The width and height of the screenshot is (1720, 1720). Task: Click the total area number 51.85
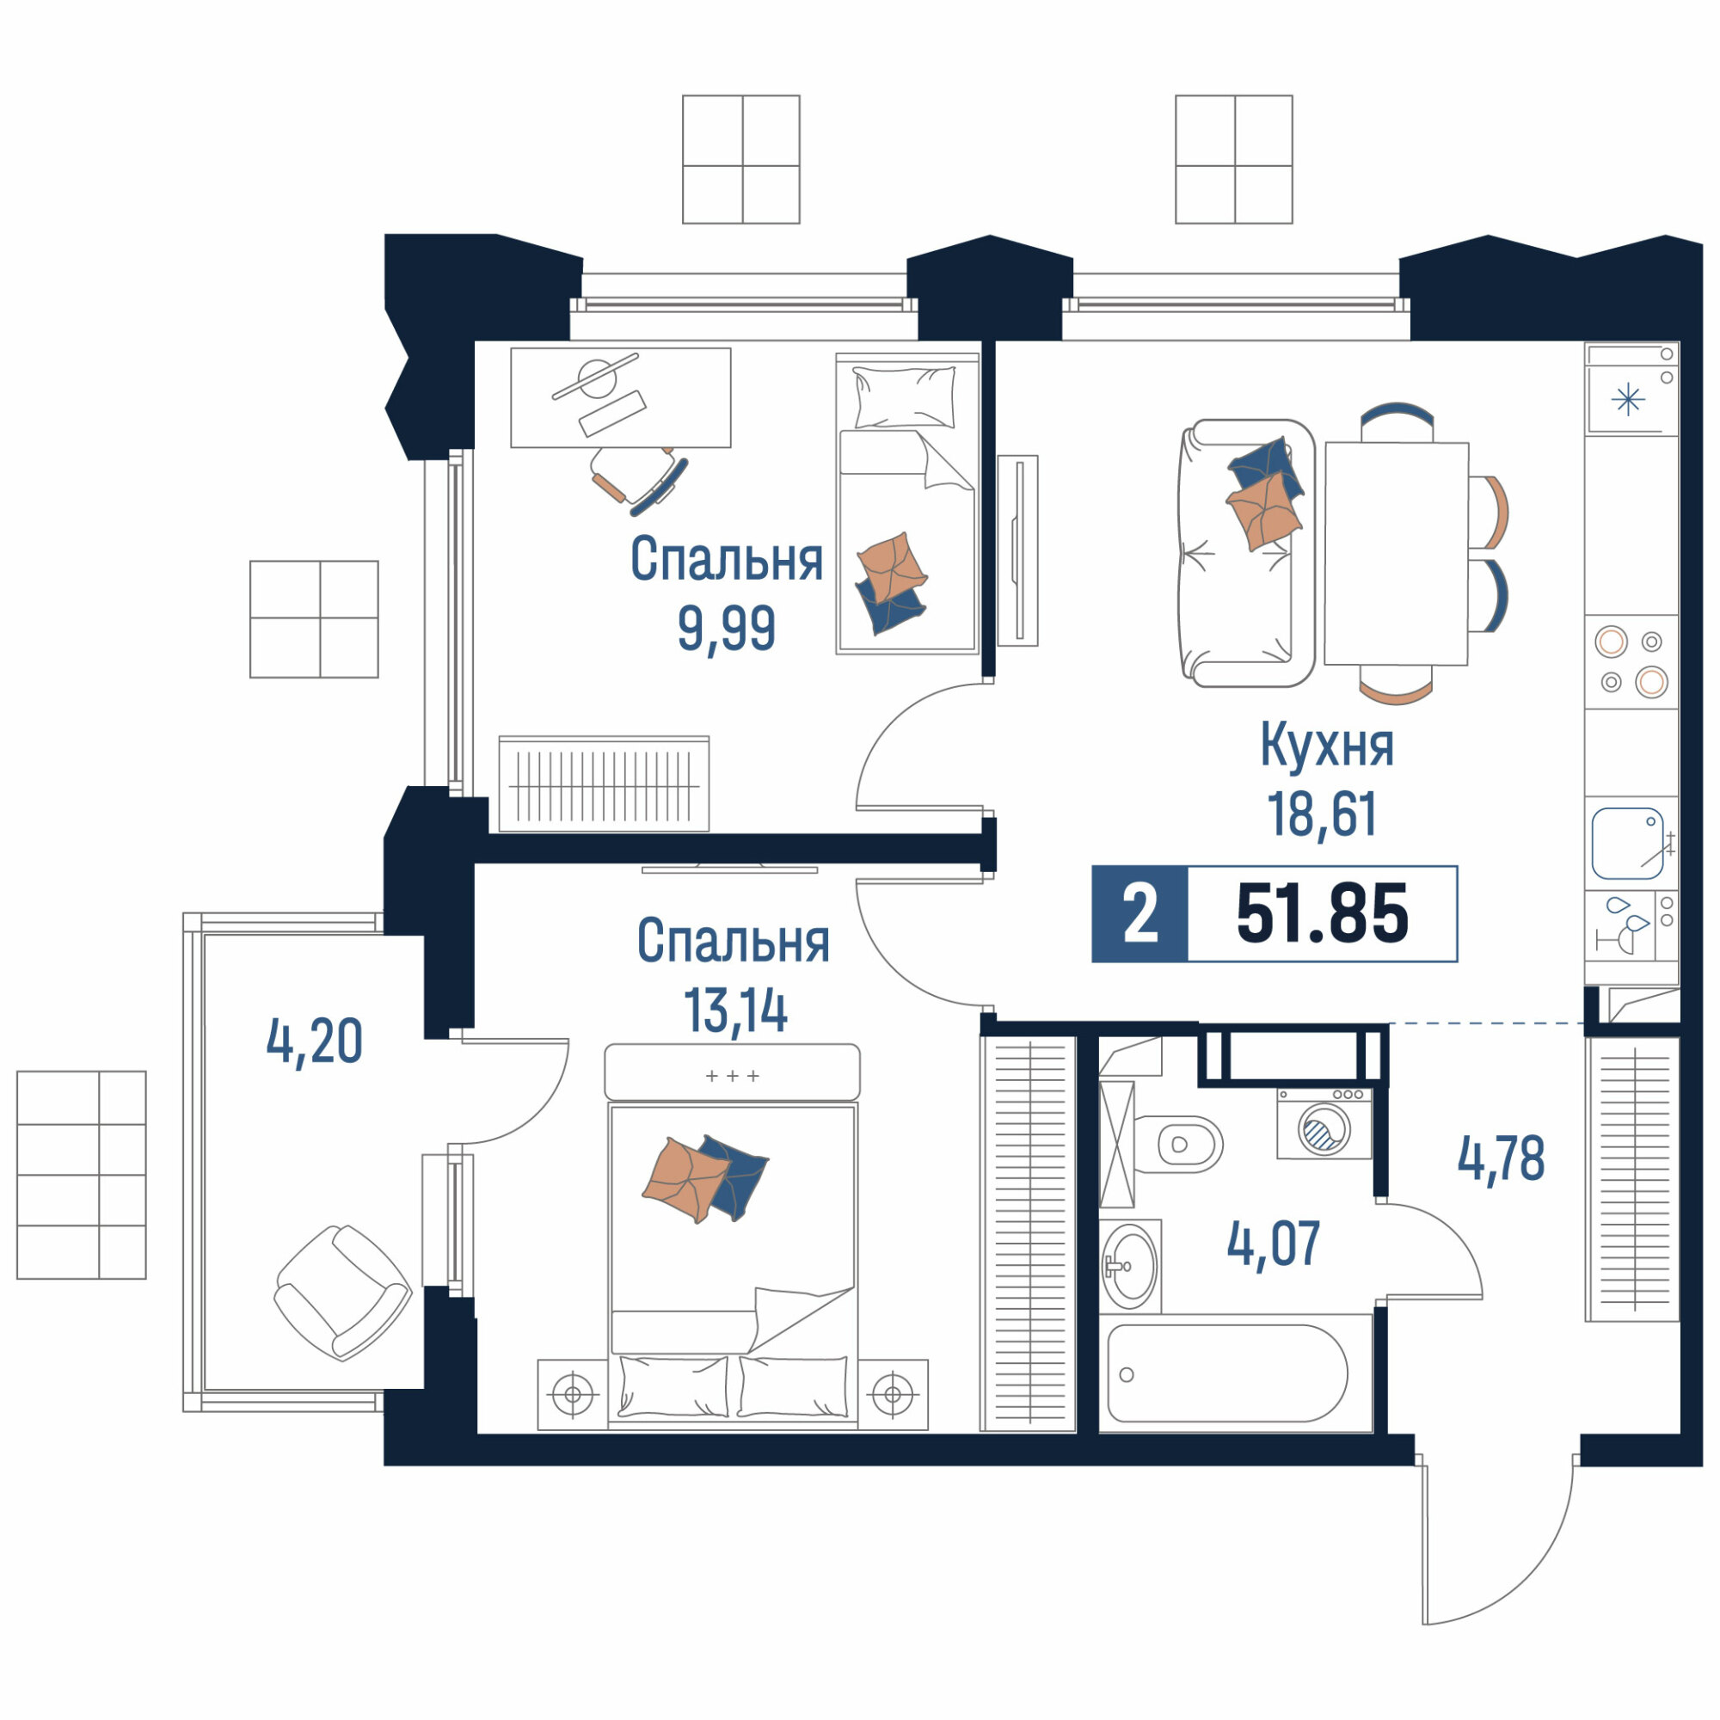click(1322, 914)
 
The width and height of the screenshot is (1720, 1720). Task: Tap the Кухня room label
click(1325, 745)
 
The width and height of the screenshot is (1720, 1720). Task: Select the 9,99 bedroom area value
click(727, 629)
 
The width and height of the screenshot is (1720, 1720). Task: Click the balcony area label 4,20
click(314, 1041)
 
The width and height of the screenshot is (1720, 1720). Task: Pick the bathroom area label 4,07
click(1273, 1244)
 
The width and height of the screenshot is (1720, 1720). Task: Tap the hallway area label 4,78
click(1501, 1159)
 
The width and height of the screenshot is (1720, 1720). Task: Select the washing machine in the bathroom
click(1324, 1123)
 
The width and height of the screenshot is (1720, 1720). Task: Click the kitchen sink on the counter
click(1628, 843)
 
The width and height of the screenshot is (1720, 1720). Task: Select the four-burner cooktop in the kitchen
click(1631, 661)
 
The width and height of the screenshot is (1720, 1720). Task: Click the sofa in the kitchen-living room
click(1245, 553)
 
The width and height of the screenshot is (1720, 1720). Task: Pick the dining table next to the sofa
click(1396, 553)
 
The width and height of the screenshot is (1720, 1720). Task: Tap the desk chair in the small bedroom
click(638, 479)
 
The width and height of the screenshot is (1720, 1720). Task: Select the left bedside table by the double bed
click(573, 1394)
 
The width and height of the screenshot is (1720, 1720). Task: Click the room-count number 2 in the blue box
click(1140, 914)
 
